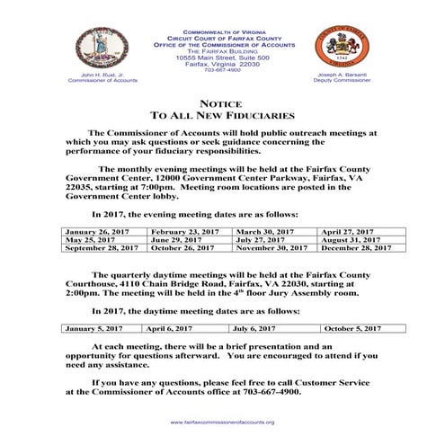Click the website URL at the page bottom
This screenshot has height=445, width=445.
tap(222, 422)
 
